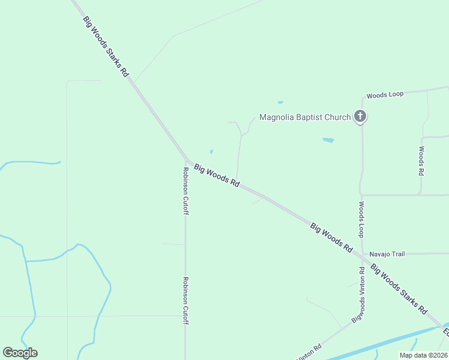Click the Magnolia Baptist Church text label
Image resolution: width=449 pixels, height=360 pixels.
(304, 117)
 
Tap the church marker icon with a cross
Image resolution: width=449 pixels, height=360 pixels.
(360, 116)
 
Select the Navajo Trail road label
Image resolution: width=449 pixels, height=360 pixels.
(387, 254)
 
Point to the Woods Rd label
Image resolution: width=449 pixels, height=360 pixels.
(421, 161)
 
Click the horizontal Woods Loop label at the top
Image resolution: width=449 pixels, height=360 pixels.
(385, 95)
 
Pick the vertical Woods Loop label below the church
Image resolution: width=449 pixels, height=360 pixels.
(362, 219)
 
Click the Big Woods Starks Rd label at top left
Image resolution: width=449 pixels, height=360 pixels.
(106, 46)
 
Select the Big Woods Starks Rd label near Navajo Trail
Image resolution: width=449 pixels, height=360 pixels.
(398, 289)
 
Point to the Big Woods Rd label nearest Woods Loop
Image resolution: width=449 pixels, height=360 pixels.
(331, 236)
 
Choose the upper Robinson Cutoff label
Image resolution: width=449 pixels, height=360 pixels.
(186, 191)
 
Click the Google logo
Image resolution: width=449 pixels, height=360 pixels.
(20, 353)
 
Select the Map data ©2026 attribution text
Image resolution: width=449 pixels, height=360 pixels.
(423, 355)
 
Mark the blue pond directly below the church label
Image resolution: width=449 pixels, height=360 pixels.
(328, 140)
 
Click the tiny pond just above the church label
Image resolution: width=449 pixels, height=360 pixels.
(280, 103)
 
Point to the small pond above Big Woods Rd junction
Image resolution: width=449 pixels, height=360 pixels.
(211, 151)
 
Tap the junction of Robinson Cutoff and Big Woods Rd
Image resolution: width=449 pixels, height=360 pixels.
(187, 161)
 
